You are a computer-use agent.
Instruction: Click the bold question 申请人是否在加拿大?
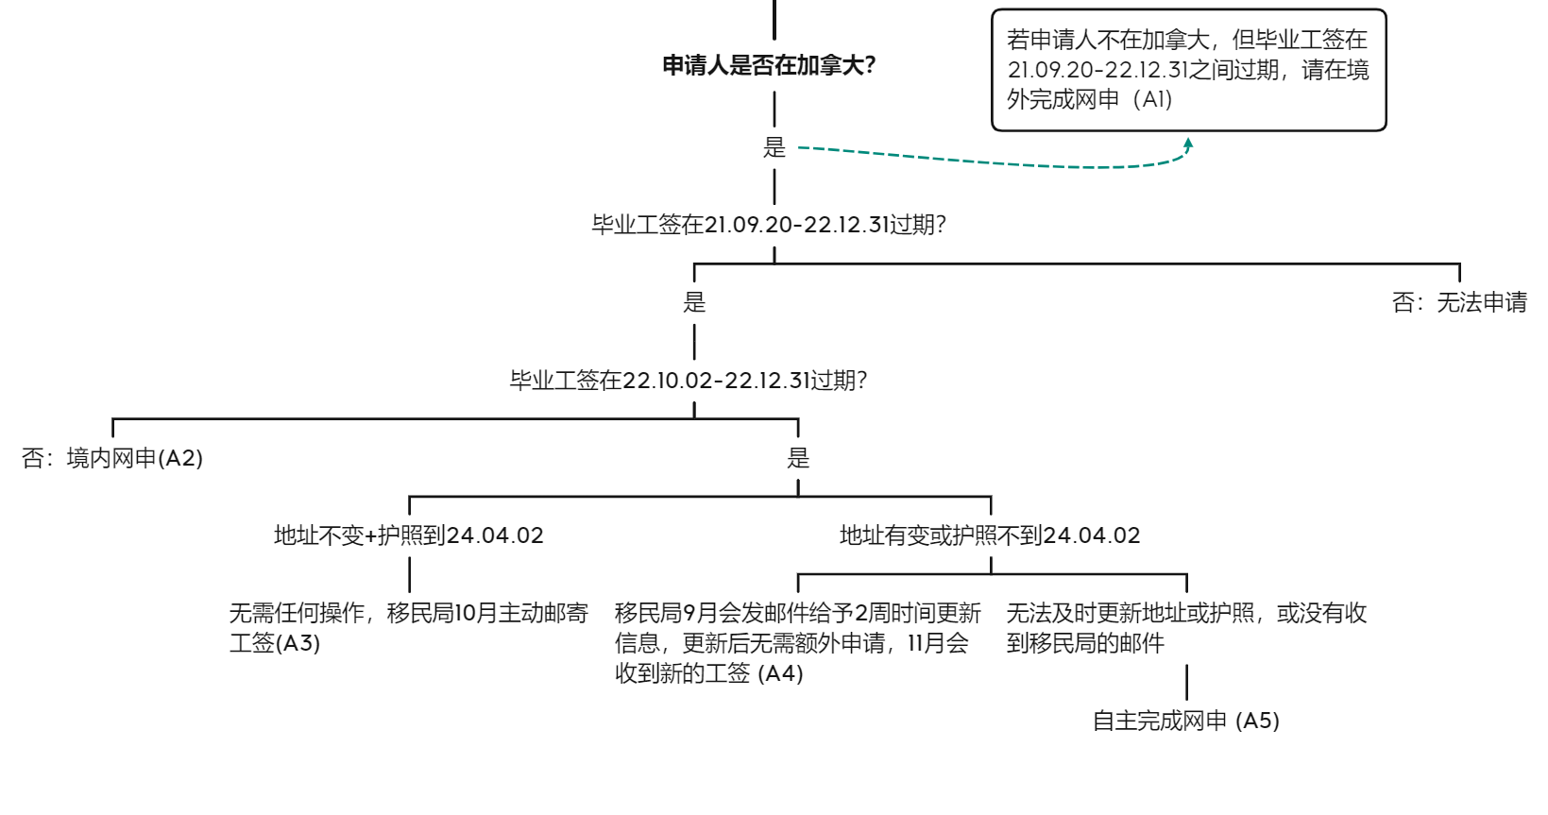(x=769, y=65)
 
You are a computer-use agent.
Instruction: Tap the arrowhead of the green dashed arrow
(x=1188, y=144)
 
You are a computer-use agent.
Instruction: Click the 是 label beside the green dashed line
(x=774, y=147)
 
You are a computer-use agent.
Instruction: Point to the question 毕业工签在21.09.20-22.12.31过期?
(x=769, y=225)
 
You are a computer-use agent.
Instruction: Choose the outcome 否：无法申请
(x=1459, y=302)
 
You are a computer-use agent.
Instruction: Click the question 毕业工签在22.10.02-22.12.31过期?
(x=689, y=381)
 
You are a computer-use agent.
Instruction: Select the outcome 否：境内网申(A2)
(x=112, y=458)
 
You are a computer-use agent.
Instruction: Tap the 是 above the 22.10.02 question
(x=694, y=302)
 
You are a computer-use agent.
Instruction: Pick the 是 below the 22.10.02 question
(x=798, y=458)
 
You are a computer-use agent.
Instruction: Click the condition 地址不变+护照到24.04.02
(x=409, y=535)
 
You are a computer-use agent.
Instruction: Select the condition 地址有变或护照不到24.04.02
(x=991, y=535)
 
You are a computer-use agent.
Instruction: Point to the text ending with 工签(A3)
(x=409, y=628)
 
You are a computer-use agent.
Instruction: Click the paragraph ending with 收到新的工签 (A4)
(x=798, y=643)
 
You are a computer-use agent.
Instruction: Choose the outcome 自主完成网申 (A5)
(x=1186, y=721)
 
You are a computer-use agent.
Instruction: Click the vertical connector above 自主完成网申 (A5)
(x=1187, y=683)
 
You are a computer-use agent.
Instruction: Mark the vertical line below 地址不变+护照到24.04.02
(x=410, y=575)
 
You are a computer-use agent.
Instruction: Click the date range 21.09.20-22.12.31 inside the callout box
(x=1098, y=70)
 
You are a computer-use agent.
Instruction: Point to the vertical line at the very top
(x=774, y=19)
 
